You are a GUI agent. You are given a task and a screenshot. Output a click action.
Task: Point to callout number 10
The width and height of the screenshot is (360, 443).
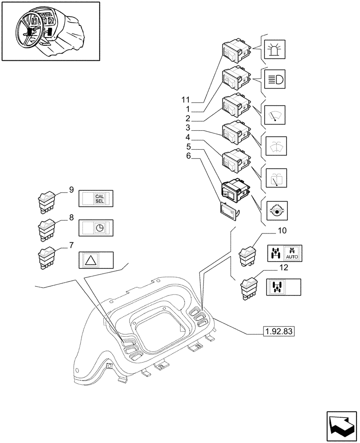pyautogui.click(x=282, y=231)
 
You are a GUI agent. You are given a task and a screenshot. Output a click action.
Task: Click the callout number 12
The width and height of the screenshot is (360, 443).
pyautogui.click(x=284, y=267)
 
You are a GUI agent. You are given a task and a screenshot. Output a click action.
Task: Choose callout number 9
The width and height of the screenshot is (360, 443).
pyautogui.click(x=71, y=190)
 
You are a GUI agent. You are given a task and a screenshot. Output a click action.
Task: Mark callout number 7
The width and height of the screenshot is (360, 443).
pyautogui.click(x=71, y=245)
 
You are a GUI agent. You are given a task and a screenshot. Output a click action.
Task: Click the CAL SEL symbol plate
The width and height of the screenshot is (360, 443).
pyautogui.click(x=96, y=199)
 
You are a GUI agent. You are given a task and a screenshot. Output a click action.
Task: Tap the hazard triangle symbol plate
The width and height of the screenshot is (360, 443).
pyautogui.click(x=96, y=260)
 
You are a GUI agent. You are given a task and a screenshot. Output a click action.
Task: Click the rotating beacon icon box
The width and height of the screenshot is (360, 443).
pyautogui.click(x=275, y=49)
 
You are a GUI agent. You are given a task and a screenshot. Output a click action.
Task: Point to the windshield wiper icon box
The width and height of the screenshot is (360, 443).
pyautogui.click(x=275, y=115)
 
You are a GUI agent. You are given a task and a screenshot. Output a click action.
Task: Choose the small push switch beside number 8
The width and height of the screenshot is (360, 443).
pyautogui.click(x=47, y=229)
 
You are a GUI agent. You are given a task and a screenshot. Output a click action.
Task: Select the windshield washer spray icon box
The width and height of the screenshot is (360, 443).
pyautogui.click(x=275, y=144)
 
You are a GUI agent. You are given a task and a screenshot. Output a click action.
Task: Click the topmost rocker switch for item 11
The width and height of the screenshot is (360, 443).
pyautogui.click(x=234, y=52)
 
